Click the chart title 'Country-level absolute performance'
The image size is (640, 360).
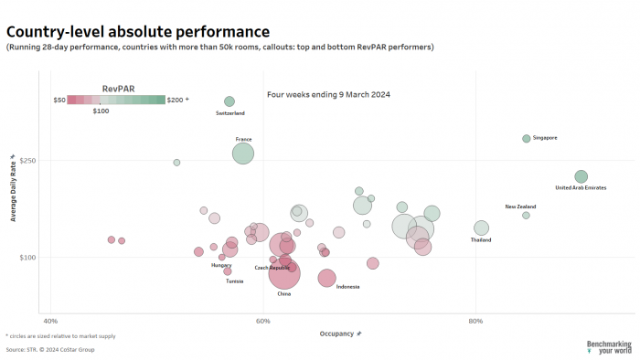(137, 33)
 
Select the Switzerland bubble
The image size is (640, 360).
(229, 101)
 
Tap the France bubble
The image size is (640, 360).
(243, 153)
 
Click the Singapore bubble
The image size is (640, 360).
(527, 139)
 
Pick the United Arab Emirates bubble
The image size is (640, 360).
(581, 176)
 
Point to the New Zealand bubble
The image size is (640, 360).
(526, 216)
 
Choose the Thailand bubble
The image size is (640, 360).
(481, 228)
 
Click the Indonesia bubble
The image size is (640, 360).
(327, 278)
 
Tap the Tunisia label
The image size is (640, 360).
(235, 281)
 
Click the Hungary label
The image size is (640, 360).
(221, 265)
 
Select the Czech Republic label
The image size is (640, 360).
(272, 268)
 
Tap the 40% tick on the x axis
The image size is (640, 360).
(50, 321)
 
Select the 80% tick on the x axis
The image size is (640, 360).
(475, 321)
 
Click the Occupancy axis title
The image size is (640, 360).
(339, 334)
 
